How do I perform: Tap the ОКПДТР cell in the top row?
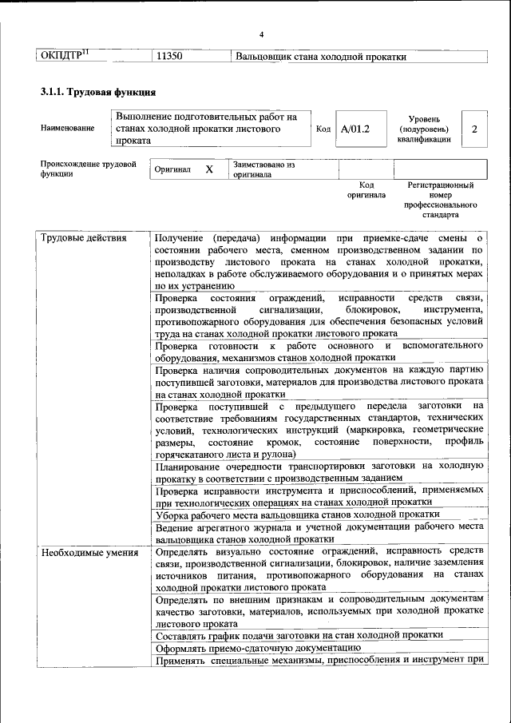(x=64, y=56)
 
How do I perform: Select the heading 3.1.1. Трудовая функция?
(x=98, y=92)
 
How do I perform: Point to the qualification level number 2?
(x=474, y=129)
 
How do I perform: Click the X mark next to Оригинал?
(x=209, y=170)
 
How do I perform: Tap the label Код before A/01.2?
(x=323, y=129)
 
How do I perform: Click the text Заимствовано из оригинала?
(x=263, y=169)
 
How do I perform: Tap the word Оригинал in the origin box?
(x=173, y=170)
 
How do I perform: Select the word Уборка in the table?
(x=172, y=514)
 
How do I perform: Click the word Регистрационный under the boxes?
(x=440, y=185)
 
